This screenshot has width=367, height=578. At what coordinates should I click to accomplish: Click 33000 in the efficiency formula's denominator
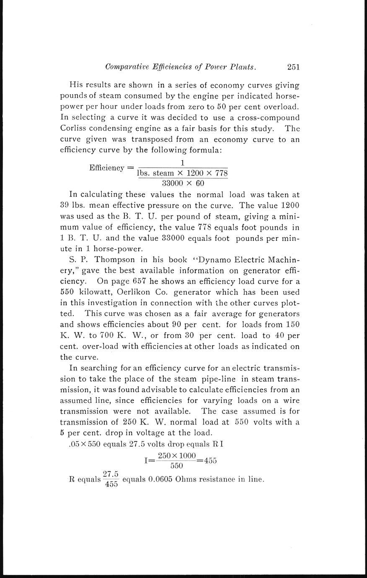coord(172,183)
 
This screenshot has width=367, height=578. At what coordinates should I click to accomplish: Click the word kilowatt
coord(92,292)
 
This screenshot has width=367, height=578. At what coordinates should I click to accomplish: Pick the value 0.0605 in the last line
coord(158,480)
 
